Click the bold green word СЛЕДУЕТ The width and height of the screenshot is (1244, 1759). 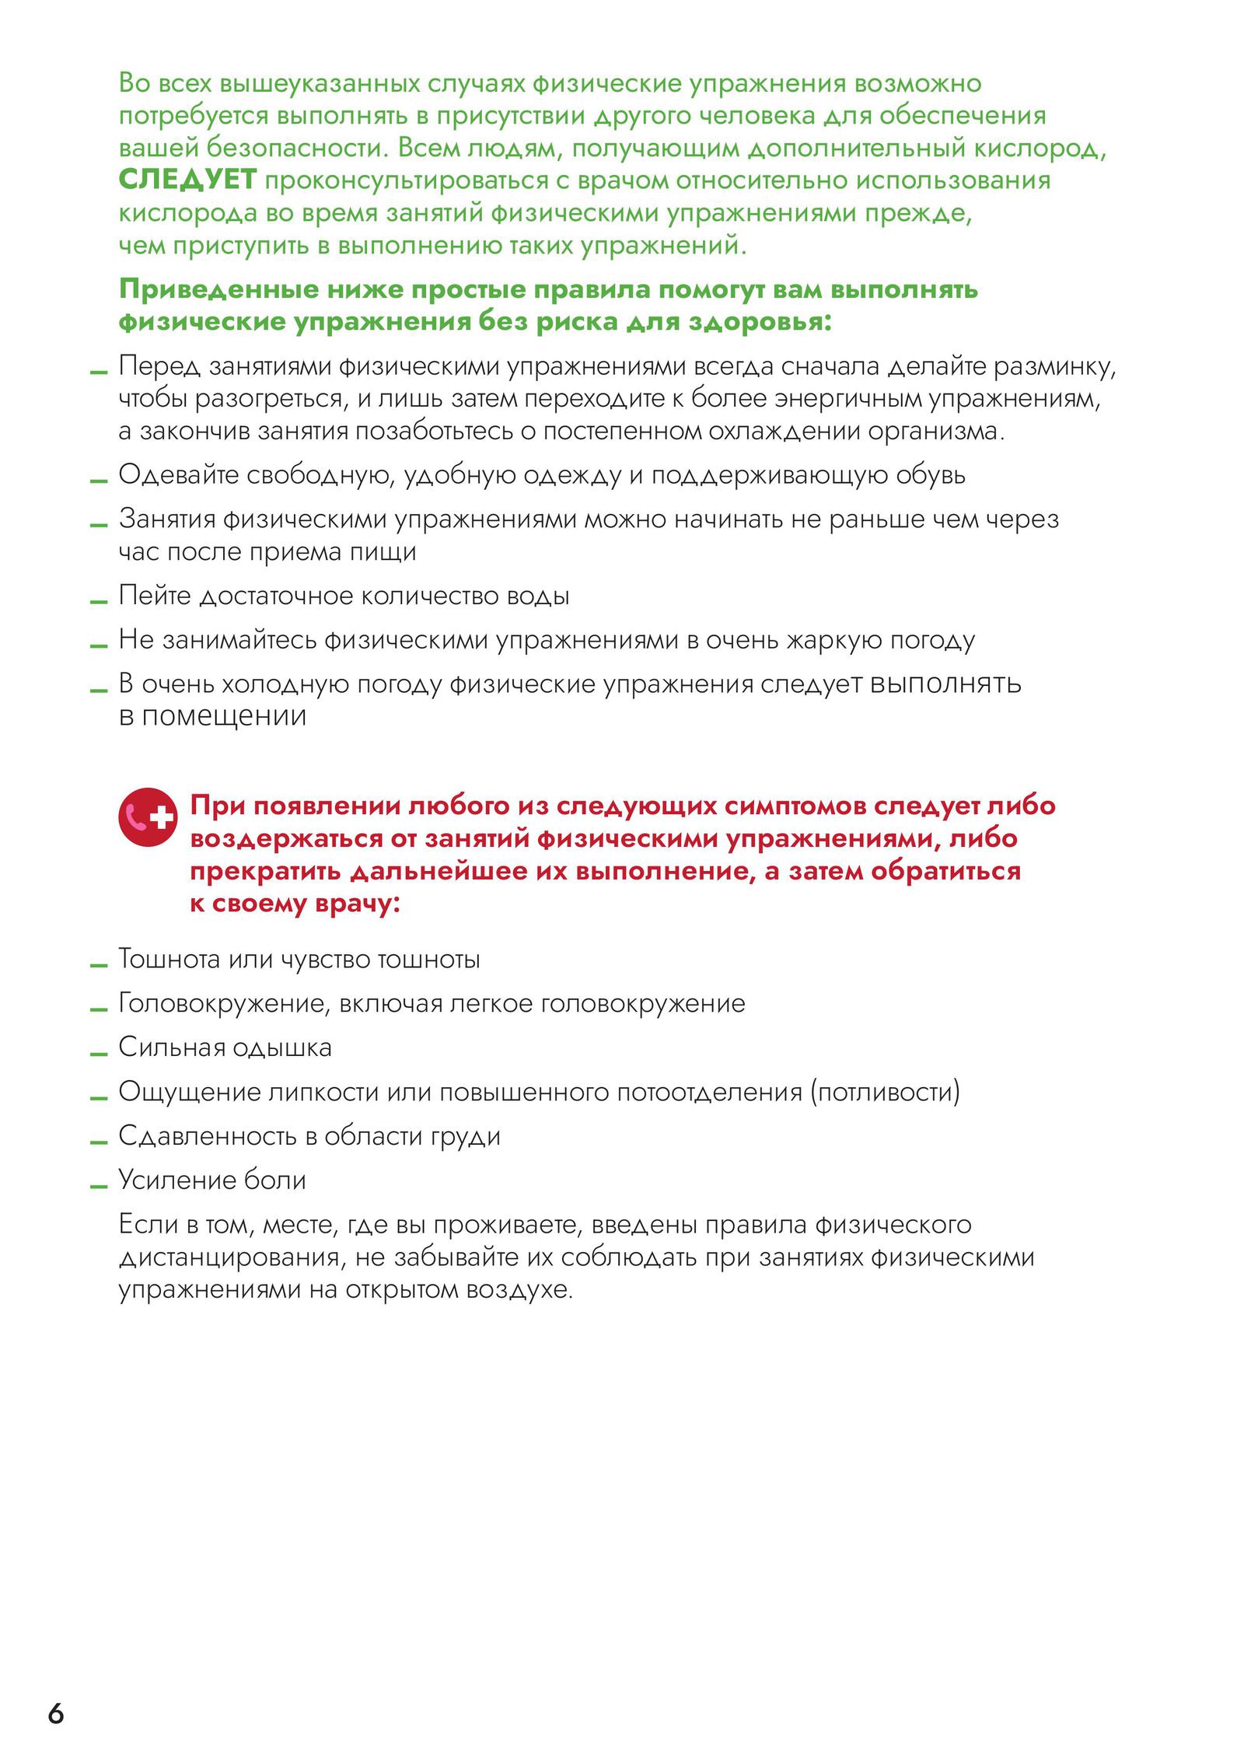click(x=187, y=180)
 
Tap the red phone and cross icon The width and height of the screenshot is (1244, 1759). click(x=147, y=817)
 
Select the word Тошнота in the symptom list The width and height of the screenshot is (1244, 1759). click(x=169, y=960)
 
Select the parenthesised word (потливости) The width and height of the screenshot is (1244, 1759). click(x=886, y=1092)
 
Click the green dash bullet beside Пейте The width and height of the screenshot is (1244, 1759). click(x=98, y=602)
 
